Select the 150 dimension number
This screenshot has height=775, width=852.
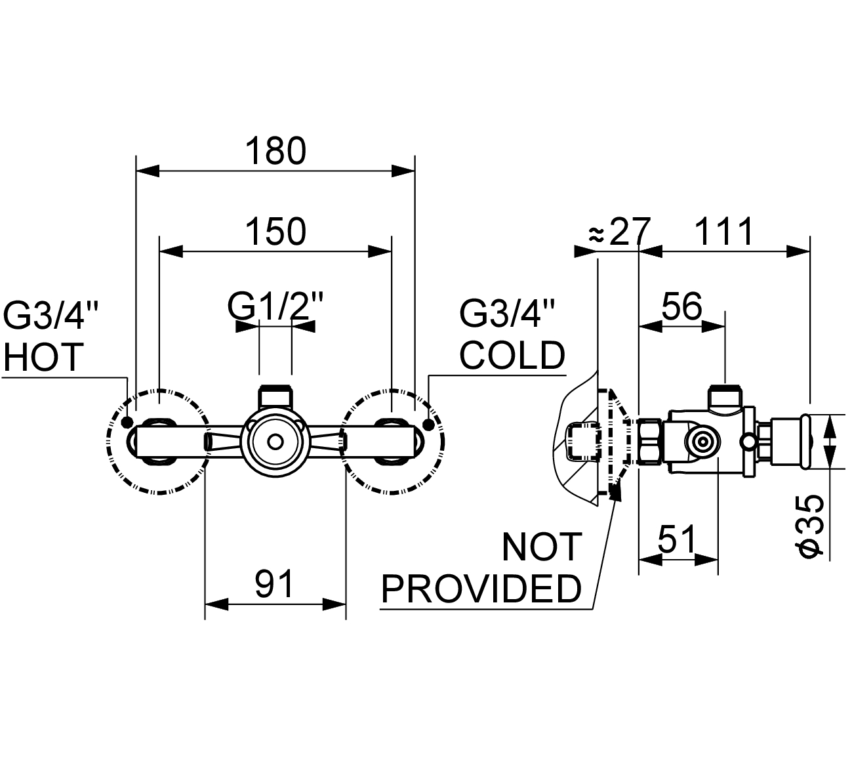pos(275,232)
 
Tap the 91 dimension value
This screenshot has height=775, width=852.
pos(275,584)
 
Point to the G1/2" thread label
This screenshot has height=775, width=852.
pos(275,306)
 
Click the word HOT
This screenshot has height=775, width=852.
pos(44,357)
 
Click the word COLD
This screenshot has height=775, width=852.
pos(512,355)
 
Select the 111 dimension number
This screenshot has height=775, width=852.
pos(724,232)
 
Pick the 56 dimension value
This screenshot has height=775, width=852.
pos(681,306)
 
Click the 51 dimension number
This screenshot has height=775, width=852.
pos(676,541)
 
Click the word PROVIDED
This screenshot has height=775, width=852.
pos(481,589)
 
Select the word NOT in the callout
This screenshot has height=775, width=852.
pos(542,547)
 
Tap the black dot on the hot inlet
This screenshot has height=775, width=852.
pos(127,423)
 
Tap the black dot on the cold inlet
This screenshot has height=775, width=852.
pos(430,424)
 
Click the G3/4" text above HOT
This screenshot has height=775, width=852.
pos(51,316)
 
